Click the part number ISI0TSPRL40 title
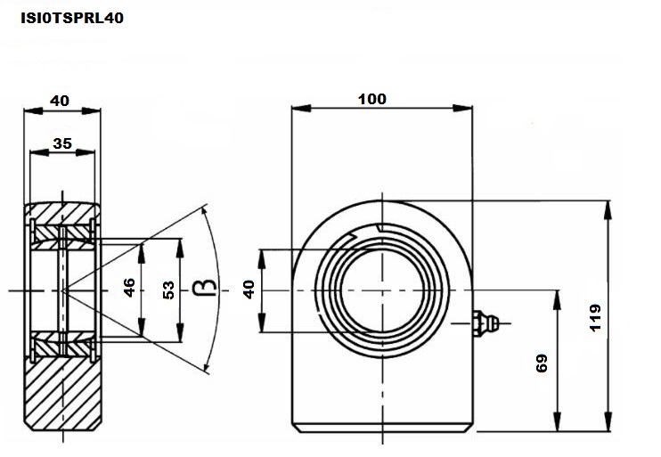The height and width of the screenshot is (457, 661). click(72, 18)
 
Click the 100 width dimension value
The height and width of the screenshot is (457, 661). click(372, 99)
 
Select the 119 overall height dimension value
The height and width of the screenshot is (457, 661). click(595, 317)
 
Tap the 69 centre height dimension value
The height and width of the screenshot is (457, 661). click(542, 363)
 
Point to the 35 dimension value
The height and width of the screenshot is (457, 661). click(62, 143)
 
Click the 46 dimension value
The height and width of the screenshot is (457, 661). click(129, 288)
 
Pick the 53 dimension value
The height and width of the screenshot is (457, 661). click(168, 290)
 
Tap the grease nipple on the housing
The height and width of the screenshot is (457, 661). click(486, 323)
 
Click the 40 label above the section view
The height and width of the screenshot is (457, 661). click(60, 101)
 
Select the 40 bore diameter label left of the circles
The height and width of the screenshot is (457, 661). click(249, 290)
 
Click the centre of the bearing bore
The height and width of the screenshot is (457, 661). click(382, 290)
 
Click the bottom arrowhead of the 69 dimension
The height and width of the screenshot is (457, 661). click(557, 421)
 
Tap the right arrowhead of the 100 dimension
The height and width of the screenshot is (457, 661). click(462, 108)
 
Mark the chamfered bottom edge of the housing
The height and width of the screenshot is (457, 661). click(382, 428)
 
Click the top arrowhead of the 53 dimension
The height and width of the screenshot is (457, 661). click(180, 248)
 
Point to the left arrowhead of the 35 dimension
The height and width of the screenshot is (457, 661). click(39, 152)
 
